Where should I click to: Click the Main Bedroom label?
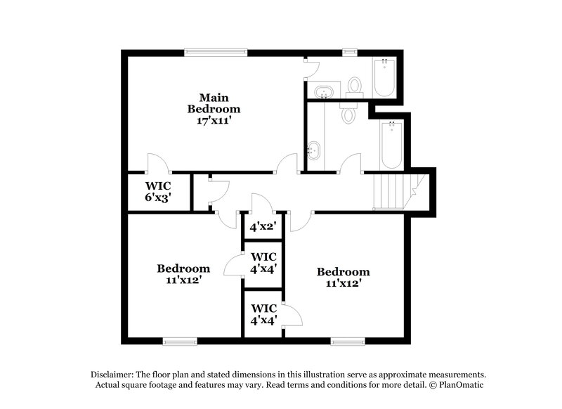(214, 103)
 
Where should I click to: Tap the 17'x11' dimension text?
(214, 120)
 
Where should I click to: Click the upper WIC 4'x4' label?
(263, 261)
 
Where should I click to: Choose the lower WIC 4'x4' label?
(263, 313)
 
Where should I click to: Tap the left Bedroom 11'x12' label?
(183, 273)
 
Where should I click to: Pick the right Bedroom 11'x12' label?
(343, 278)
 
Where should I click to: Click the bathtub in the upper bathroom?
(385, 78)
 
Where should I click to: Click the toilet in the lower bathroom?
(349, 113)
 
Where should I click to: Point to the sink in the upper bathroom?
(324, 91)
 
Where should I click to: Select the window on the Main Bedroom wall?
(216, 51)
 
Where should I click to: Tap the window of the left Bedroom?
(178, 342)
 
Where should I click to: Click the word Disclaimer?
(115, 375)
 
